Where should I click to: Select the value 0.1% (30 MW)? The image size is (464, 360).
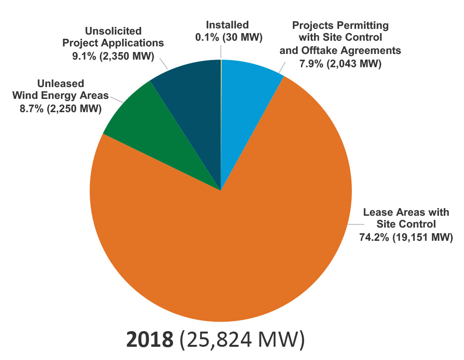click(x=228, y=36)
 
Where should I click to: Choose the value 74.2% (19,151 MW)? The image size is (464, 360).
click(x=406, y=237)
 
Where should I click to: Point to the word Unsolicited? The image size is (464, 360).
click(x=113, y=31)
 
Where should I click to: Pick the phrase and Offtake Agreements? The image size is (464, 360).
click(x=340, y=50)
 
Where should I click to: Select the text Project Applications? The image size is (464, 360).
click(x=113, y=43)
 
